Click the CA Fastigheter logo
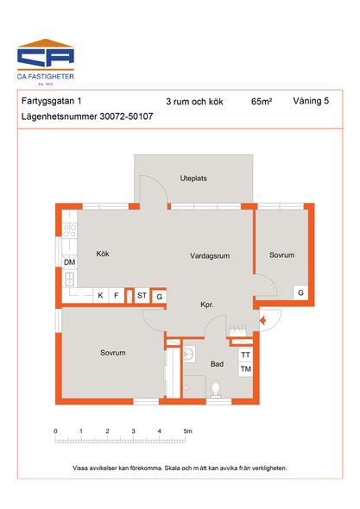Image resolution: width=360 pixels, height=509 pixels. pos(46,62)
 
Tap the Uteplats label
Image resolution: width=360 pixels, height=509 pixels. pos(193,179)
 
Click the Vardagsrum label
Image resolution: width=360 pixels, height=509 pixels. pos(210,256)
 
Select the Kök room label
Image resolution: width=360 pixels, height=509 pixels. pos(103,254)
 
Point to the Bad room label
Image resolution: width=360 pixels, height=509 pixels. pos(217,364)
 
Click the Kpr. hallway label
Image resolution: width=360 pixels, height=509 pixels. pos(207,305)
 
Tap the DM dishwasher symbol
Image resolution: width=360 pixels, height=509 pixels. pos(70,262)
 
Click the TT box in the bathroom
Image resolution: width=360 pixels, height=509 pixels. pos(246,355)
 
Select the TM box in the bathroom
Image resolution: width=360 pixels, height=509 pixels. pos(246,369)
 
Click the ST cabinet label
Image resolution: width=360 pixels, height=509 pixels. pos(142,295)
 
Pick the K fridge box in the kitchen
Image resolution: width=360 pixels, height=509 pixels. pos(100,295)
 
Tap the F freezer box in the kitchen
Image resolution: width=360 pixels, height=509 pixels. pos(117,295)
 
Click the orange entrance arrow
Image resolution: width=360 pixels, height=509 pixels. pos(262,321)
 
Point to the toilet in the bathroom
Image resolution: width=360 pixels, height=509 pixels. pos(216,390)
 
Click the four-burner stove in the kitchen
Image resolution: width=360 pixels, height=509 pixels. pos(70,230)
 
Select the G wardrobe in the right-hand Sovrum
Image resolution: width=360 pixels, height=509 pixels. pos(300,292)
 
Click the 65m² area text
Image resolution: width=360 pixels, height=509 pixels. pos(262,102)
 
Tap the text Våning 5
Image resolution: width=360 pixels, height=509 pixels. pos(311,101)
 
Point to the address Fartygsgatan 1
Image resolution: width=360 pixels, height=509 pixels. pos(51,101)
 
